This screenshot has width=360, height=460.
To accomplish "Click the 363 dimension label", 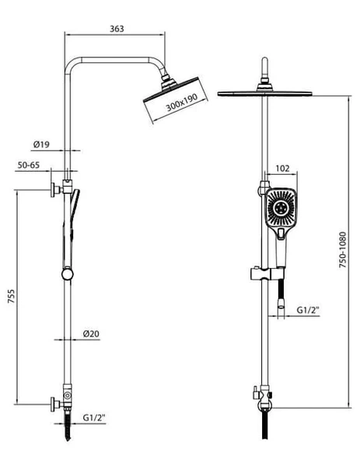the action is (x=117, y=29).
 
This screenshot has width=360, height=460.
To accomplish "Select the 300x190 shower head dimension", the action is (x=182, y=103).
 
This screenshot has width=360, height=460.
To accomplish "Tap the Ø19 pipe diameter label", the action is (x=41, y=145).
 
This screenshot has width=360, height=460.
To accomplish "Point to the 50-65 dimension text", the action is (x=29, y=166).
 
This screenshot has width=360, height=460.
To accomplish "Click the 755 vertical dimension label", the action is (x=11, y=296).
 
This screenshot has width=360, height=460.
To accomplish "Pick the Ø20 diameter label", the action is (x=91, y=333).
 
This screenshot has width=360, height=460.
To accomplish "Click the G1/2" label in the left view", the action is (x=94, y=417).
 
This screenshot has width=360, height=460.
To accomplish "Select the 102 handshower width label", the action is (x=282, y=169).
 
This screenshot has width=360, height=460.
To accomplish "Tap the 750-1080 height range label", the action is (x=343, y=249).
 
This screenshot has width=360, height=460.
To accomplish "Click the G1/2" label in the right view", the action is (x=308, y=310).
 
